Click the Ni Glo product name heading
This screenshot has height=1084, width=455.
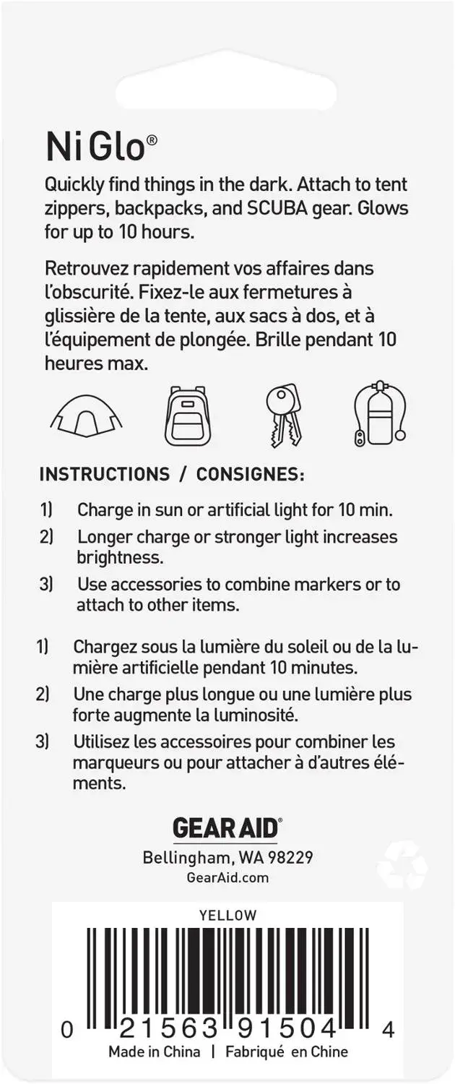pyautogui.click(x=102, y=147)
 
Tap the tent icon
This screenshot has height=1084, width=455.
pyautogui.click(x=87, y=417)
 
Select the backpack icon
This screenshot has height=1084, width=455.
pyautogui.click(x=188, y=416)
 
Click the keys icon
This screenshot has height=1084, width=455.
pyautogui.click(x=284, y=416)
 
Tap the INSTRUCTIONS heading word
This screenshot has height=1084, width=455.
pyautogui.click(x=105, y=474)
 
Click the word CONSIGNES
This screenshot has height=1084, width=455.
pyautogui.click(x=250, y=474)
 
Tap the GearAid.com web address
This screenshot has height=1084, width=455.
pyautogui.click(x=227, y=878)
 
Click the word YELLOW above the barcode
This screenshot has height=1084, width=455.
pyautogui.click(x=227, y=915)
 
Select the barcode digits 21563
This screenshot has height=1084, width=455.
pyautogui.click(x=169, y=1029)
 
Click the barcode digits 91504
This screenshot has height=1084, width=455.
pyautogui.click(x=287, y=1029)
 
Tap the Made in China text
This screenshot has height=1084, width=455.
pyautogui.click(x=155, y=1051)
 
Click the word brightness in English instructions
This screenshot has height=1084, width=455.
pyautogui.click(x=120, y=557)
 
